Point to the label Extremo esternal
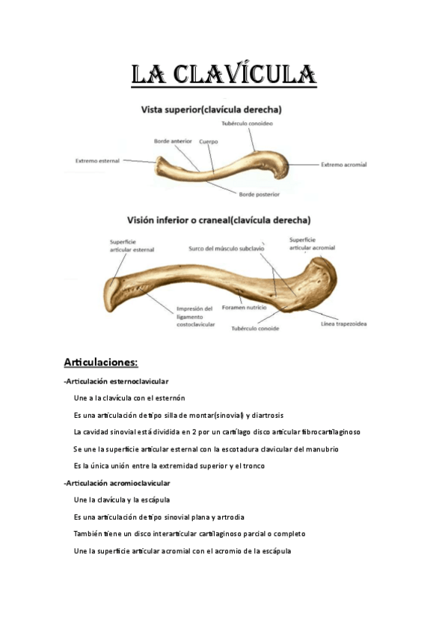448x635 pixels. [x=99, y=159]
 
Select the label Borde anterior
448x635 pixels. [x=173, y=140]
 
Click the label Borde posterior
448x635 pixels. [x=259, y=195]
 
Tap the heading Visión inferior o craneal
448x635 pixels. [x=218, y=221]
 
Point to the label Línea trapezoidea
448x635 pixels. [x=343, y=324]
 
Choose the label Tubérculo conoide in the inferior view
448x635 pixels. [x=255, y=328]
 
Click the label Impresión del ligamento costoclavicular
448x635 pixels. [x=195, y=316]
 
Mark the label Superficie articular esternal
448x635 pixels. [x=132, y=245]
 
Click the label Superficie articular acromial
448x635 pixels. [x=312, y=243]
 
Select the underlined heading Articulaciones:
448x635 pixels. [x=101, y=363]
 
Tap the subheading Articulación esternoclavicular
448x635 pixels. [x=117, y=382]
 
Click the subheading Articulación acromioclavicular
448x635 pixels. [x=118, y=483]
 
